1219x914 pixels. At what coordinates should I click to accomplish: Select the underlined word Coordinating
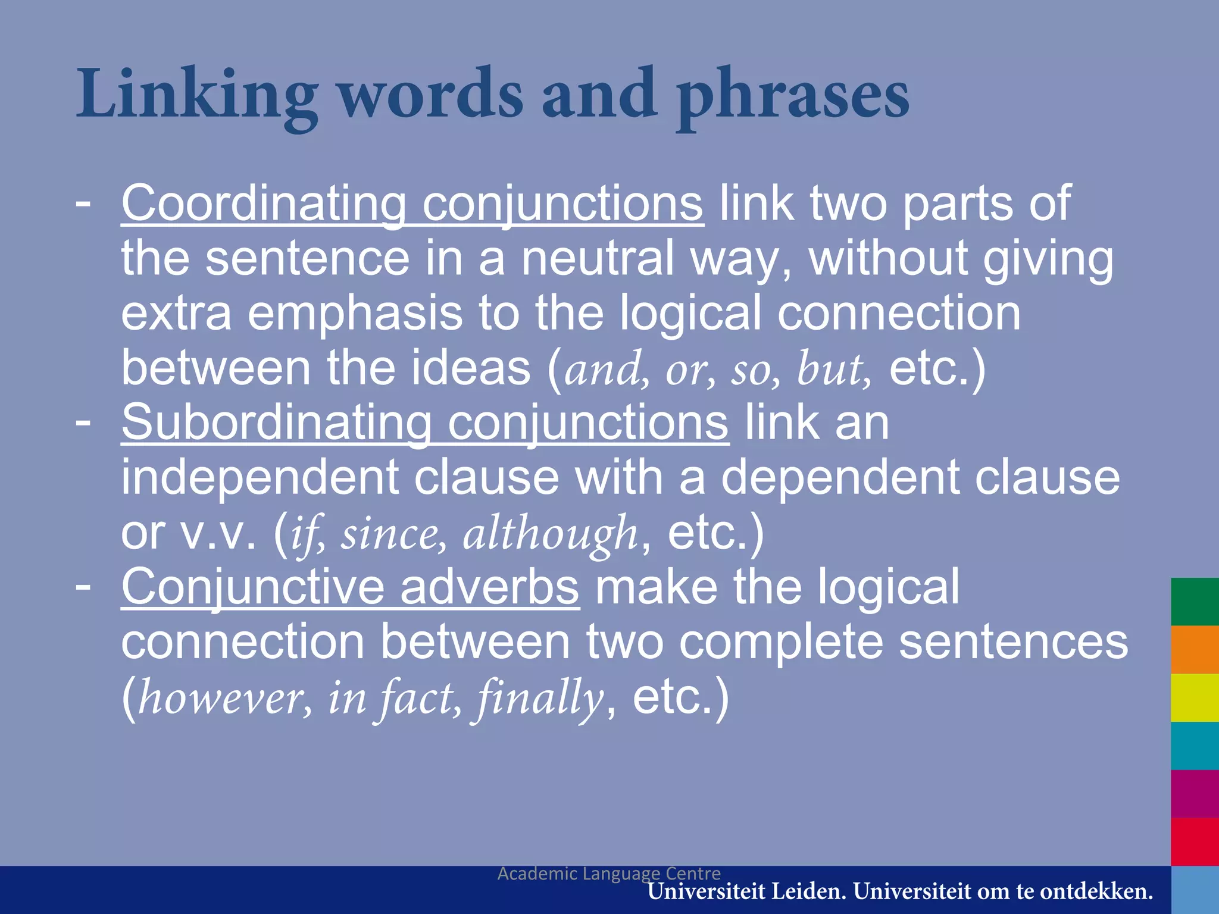[264, 204]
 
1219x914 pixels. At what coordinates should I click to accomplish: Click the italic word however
[224, 697]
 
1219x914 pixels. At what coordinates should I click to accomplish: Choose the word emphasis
[355, 313]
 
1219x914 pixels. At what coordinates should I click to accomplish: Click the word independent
[260, 477]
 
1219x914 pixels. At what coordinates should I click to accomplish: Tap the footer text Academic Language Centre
[609, 874]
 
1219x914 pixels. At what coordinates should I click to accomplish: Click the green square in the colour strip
[1195, 602]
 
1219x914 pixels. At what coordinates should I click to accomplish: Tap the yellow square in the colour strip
[1195, 697]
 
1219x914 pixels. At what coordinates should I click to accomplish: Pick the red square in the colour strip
[1195, 841]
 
